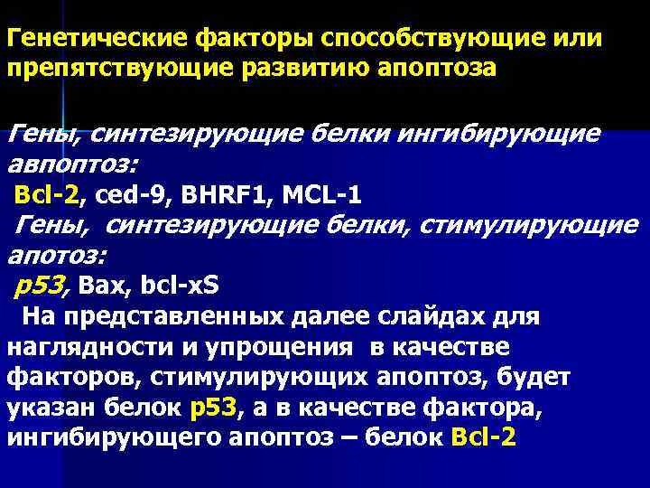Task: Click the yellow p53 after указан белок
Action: click(213, 408)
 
